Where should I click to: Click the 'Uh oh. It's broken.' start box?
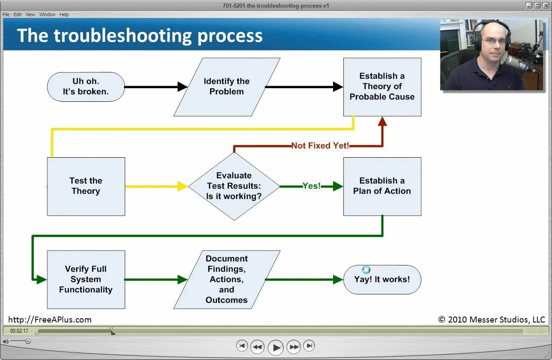[86, 86]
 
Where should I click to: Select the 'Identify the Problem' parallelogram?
[227, 86]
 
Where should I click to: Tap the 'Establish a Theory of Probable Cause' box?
[382, 86]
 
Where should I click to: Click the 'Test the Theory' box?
[86, 186]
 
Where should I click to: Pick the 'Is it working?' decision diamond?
[234, 186]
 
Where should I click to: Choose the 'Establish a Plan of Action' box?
[382, 186]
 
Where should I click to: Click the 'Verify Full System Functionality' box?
[86, 279]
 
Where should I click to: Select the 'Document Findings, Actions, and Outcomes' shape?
[227, 279]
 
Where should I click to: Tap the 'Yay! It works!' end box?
[382, 279]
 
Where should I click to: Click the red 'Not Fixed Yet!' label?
[320, 146]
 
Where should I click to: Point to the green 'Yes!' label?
[311, 186]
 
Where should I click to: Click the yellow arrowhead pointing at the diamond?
[182, 186]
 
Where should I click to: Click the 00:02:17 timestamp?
[19, 331]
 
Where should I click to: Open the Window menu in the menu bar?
[47, 14]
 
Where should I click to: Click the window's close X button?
[546, 6]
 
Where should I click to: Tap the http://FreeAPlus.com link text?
[50, 320]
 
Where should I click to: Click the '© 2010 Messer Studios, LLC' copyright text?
[492, 320]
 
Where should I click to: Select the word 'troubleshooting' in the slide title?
[123, 35]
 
